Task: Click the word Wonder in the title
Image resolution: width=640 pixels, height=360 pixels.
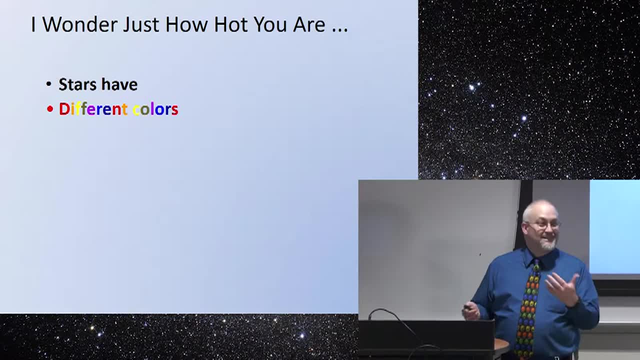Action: click(80, 24)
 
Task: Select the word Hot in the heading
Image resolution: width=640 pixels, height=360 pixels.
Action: click(231, 24)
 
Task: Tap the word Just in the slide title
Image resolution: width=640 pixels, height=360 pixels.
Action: click(141, 24)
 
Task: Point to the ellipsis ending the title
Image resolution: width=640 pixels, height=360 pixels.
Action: click(340, 29)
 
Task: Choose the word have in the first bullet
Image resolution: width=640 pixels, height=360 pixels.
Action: click(119, 84)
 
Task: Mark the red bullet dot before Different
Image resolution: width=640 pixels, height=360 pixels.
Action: click(50, 109)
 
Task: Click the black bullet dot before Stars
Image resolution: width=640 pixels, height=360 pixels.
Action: click(49, 84)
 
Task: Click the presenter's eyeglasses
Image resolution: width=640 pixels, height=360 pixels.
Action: click(544, 225)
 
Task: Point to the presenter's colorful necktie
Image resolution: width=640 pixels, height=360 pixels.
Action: click(528, 308)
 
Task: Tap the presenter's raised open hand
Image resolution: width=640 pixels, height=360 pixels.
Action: click(563, 288)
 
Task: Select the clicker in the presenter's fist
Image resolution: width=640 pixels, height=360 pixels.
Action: click(467, 307)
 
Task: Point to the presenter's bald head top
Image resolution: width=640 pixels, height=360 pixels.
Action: click(540, 206)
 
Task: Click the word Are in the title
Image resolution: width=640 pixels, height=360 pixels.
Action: click(309, 24)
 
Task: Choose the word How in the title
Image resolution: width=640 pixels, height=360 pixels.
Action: click(186, 24)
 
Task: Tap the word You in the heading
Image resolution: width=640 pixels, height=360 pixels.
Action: click(270, 24)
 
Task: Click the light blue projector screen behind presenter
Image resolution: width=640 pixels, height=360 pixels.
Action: click(614, 226)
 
